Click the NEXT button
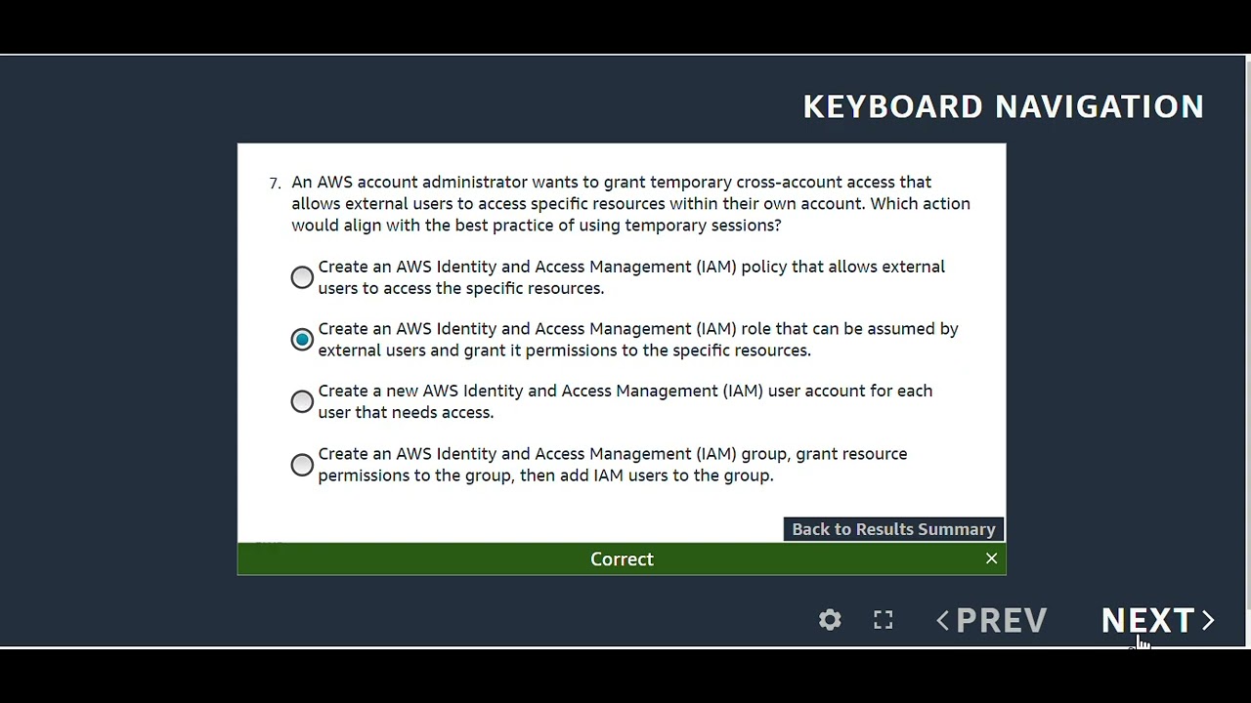pyautogui.click(x=1147, y=621)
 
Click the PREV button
pyautogui.click(x=1001, y=621)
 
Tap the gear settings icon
pyautogui.click(x=830, y=621)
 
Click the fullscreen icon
pyautogui.click(x=884, y=621)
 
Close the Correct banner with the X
pyautogui.click(x=991, y=558)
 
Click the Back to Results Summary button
pyautogui.click(x=893, y=529)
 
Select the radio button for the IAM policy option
pyautogui.click(x=302, y=277)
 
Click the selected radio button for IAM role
pyautogui.click(x=302, y=340)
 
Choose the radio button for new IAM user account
pyautogui.click(x=302, y=401)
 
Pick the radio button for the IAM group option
pyautogui.click(x=302, y=465)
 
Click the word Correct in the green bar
pyautogui.click(x=622, y=559)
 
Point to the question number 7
pyautogui.click(x=275, y=183)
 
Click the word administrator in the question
pyautogui.click(x=474, y=183)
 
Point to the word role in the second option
pyautogui.click(x=755, y=329)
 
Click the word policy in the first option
pyautogui.click(x=763, y=267)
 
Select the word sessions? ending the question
pyautogui.click(x=749, y=226)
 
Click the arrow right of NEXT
pyautogui.click(x=1208, y=621)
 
